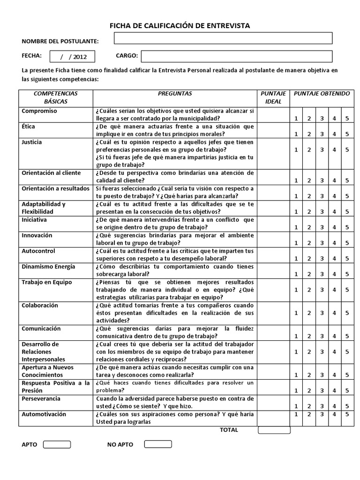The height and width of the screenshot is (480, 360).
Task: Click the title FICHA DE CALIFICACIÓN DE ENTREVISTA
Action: point(180,26)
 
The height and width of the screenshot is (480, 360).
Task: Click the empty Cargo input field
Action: point(236,56)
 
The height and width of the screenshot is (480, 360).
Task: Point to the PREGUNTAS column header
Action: point(175,94)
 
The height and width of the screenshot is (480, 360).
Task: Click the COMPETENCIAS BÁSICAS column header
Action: point(56,97)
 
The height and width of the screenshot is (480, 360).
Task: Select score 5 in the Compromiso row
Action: point(347,119)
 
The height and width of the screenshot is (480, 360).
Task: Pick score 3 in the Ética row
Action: point(322,134)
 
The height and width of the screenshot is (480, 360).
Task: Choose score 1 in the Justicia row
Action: point(296,150)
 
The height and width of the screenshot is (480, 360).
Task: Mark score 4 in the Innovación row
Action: point(335,243)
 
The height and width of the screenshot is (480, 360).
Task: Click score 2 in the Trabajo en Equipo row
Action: point(309,290)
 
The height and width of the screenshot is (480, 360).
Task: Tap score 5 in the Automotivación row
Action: point(347,414)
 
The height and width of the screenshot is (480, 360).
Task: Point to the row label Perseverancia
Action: point(41,398)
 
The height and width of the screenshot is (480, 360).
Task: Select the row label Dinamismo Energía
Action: point(48,267)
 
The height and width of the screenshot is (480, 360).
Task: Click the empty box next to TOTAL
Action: point(274,430)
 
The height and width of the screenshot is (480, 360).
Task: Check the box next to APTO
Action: point(57,444)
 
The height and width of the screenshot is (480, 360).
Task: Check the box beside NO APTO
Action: point(158,444)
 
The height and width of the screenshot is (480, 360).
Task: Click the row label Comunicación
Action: point(41,329)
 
